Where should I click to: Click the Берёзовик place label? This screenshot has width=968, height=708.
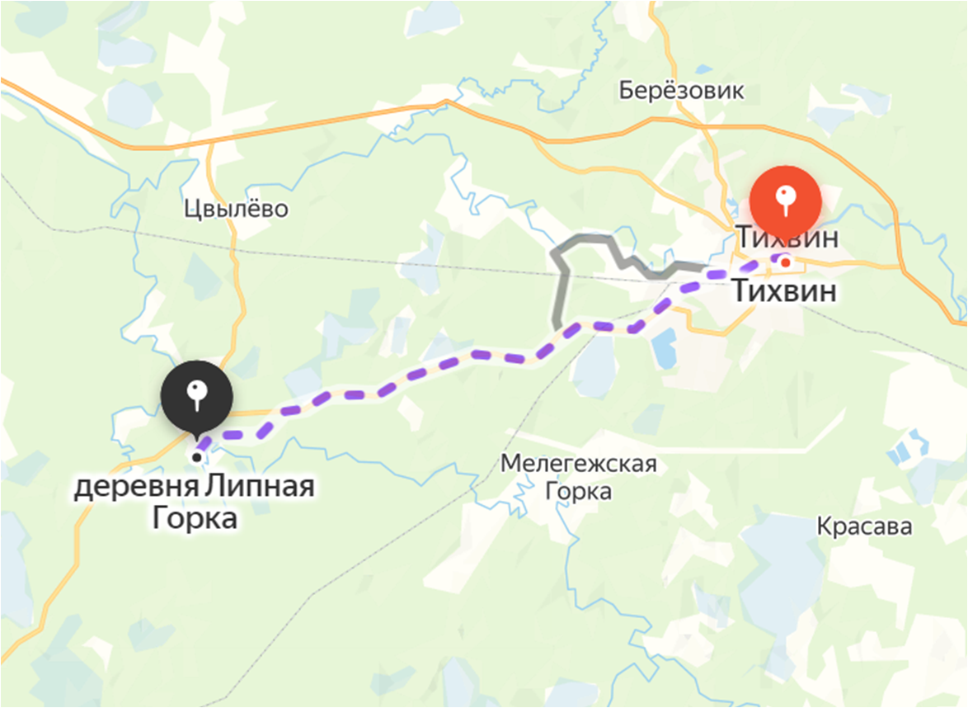(x=682, y=91)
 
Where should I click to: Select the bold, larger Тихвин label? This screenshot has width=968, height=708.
(x=784, y=291)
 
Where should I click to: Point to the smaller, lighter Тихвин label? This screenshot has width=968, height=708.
(x=787, y=238)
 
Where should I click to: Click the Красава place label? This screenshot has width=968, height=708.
(x=865, y=526)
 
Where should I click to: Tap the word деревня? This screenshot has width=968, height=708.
(x=136, y=488)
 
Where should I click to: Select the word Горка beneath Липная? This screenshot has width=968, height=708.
(x=195, y=519)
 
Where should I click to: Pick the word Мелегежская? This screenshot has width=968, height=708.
(x=580, y=465)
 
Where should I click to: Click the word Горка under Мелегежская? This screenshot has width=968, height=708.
(x=580, y=493)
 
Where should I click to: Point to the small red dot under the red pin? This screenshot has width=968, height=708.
(x=786, y=262)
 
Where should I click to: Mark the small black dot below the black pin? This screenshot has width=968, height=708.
(x=196, y=456)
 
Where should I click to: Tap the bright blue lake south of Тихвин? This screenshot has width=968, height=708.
(x=664, y=349)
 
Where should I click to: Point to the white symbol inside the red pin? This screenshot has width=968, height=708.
(x=786, y=195)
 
